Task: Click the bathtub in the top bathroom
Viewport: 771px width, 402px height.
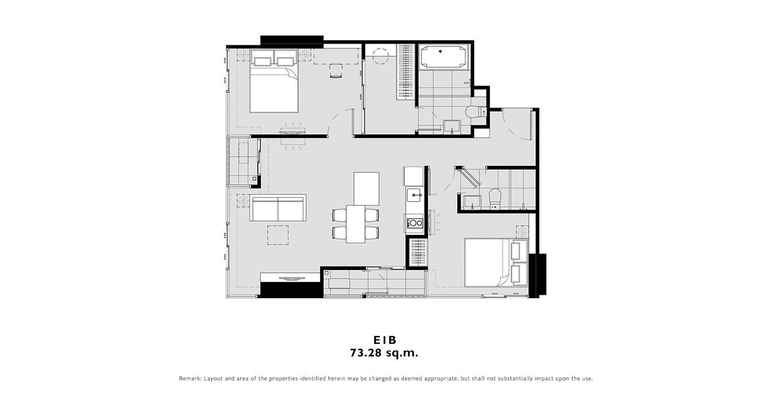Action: point(442,57)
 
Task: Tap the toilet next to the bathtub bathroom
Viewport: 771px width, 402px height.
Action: point(475,112)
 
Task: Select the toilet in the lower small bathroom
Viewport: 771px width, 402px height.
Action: point(495,198)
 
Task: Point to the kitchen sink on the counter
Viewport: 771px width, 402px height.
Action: point(414,195)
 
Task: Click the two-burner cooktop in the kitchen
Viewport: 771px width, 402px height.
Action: point(414,223)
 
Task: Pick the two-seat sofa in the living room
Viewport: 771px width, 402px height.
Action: point(277,208)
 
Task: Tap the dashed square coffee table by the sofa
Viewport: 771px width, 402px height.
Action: point(278,235)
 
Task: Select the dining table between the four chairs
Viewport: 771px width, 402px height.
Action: point(356,224)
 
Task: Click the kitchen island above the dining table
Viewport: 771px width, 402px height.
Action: point(367,188)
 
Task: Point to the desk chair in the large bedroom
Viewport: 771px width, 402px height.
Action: point(336,71)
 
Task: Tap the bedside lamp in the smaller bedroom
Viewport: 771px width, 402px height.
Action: point(522,231)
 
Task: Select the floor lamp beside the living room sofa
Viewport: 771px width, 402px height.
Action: point(243,200)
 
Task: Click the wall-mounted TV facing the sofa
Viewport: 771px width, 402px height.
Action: point(292,279)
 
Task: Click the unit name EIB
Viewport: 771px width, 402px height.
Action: point(385,340)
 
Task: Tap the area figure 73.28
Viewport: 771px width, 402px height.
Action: point(366,353)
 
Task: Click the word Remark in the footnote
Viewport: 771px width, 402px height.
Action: point(190,378)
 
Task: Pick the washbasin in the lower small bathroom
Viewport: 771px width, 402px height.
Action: point(472,202)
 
